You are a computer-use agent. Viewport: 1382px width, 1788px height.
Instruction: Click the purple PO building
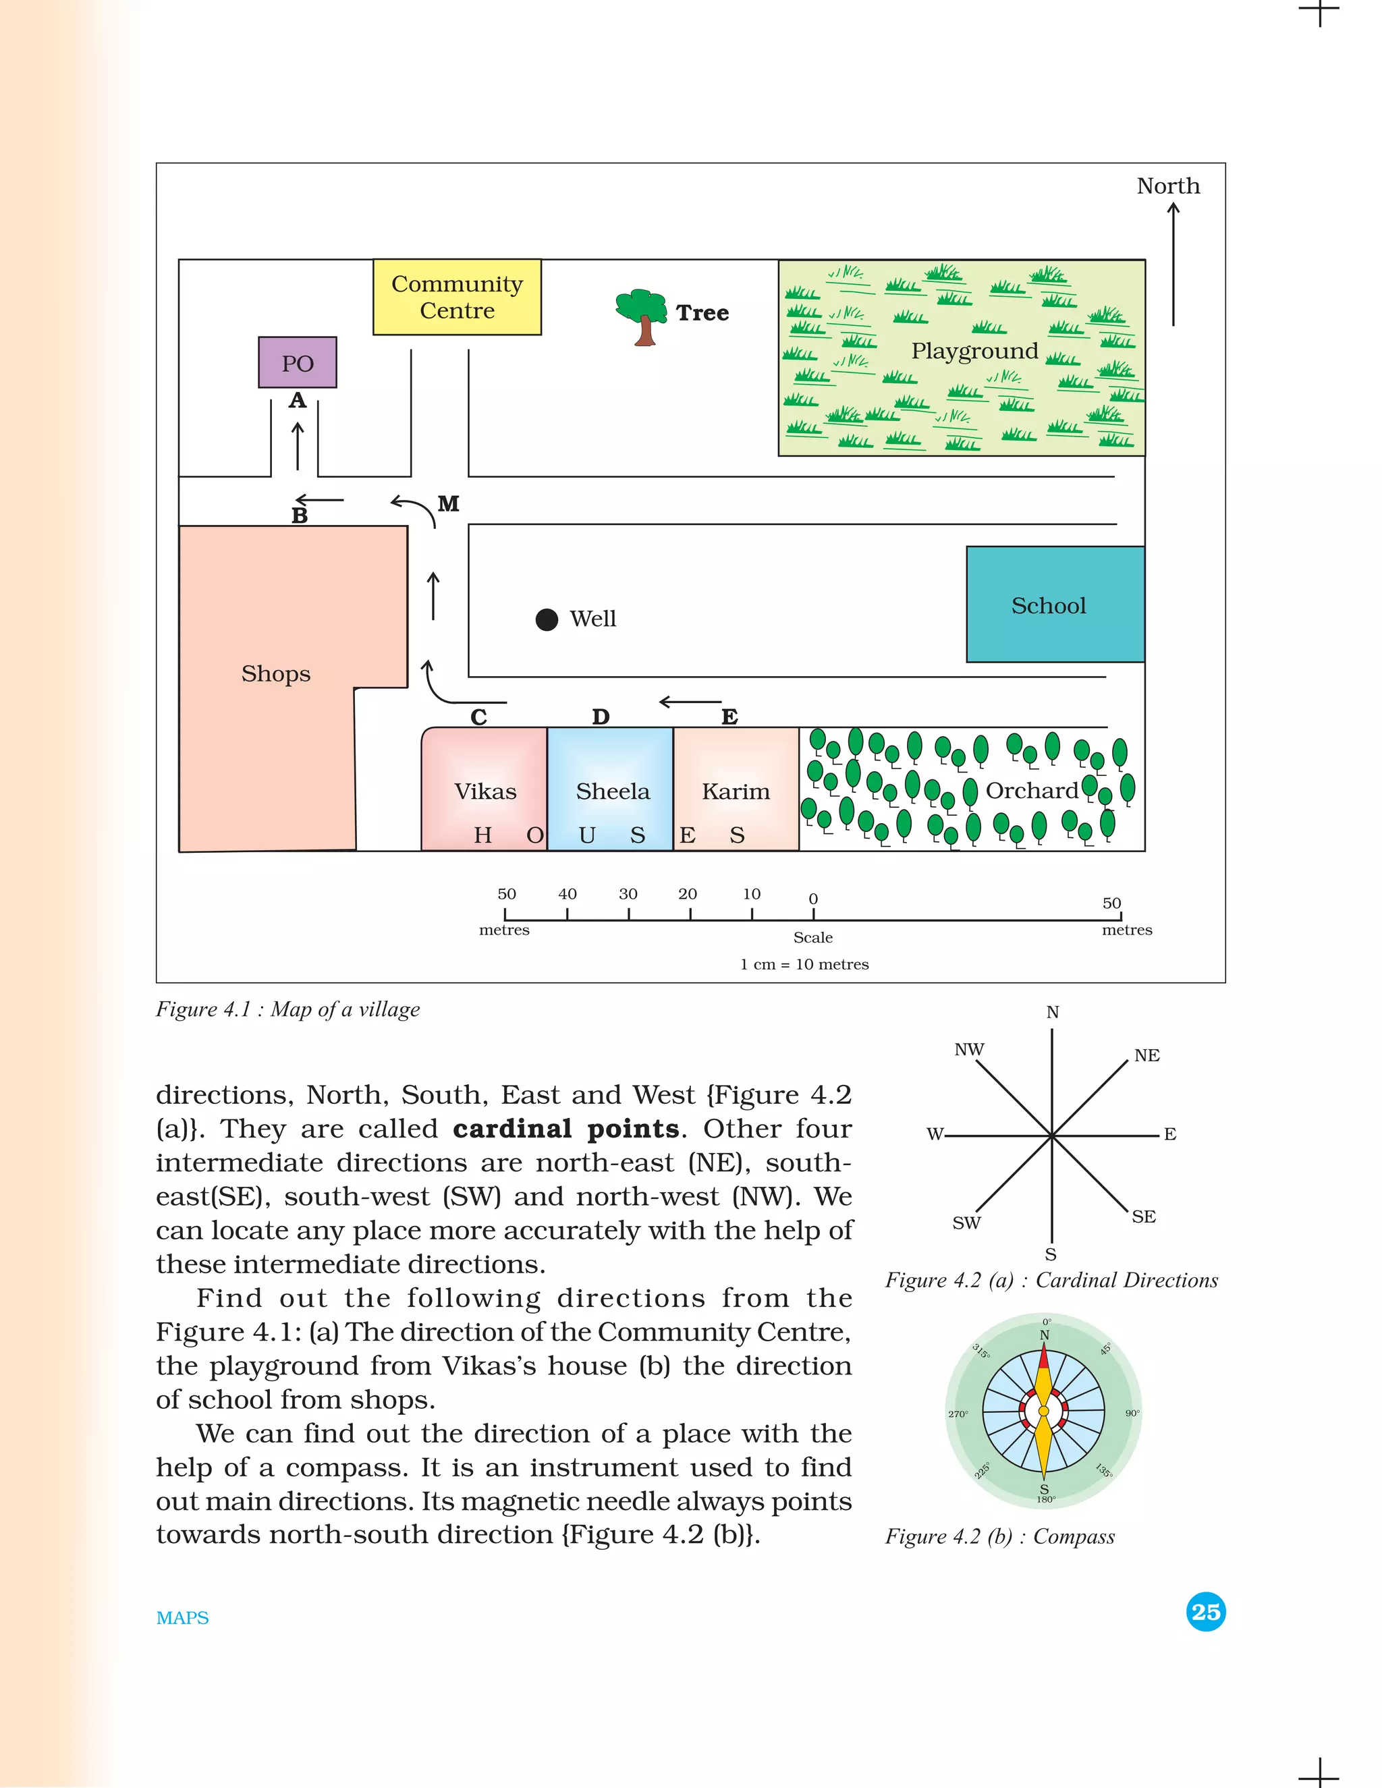[x=297, y=362]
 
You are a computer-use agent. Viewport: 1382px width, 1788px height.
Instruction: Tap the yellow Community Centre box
[x=457, y=297]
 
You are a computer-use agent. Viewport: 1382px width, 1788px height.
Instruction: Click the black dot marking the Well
[x=547, y=620]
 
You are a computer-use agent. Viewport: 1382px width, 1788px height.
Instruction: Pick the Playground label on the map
[x=974, y=352]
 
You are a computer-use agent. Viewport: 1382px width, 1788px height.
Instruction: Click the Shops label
[x=276, y=674]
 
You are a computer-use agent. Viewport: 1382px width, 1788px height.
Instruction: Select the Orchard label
[x=1032, y=791]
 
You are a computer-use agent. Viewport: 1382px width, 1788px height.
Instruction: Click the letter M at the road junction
[x=449, y=503]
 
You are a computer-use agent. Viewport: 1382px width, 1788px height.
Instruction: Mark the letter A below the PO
[x=297, y=400]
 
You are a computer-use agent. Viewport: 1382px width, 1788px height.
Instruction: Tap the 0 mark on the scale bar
[x=813, y=899]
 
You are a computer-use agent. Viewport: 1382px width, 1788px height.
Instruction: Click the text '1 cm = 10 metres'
[x=804, y=964]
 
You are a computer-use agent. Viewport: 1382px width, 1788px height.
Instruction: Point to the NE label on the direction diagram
[x=1146, y=1055]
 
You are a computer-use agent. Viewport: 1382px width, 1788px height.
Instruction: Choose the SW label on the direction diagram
[x=966, y=1223]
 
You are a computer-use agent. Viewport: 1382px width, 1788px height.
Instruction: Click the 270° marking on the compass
[x=958, y=1414]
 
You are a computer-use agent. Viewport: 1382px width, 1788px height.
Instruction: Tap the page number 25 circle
[x=1205, y=1612]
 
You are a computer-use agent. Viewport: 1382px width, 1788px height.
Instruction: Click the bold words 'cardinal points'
[x=565, y=1129]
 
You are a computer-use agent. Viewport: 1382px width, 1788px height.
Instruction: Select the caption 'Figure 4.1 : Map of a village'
[x=287, y=1009]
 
